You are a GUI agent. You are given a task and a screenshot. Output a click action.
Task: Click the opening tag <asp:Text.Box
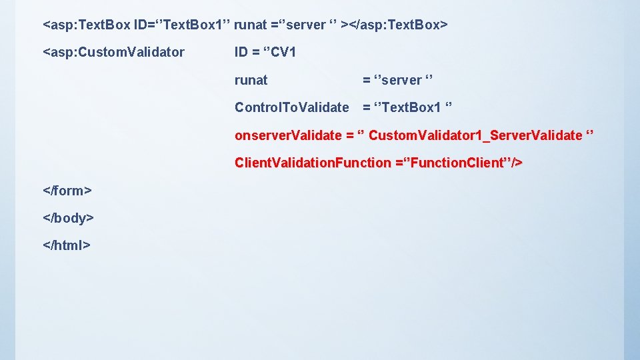click(86, 25)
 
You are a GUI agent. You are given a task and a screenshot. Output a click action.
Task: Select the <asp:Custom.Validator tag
click(113, 52)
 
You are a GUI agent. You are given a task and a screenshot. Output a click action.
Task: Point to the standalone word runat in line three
click(251, 80)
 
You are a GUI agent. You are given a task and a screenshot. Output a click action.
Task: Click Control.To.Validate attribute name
click(291, 107)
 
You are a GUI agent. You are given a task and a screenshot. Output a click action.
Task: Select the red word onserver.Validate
click(288, 135)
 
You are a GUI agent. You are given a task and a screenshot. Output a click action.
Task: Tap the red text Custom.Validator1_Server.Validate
click(475, 135)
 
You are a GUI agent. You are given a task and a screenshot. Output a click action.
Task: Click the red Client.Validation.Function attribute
click(313, 163)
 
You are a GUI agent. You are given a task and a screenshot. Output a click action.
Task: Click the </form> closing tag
click(67, 191)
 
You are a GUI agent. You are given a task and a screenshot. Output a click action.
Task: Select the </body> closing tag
click(68, 218)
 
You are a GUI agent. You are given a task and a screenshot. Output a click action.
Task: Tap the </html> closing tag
click(66, 245)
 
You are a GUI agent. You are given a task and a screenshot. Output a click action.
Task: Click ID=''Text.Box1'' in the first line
click(182, 25)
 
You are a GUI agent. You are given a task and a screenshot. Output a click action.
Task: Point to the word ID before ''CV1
click(241, 52)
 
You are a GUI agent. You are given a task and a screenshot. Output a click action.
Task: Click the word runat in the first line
click(251, 25)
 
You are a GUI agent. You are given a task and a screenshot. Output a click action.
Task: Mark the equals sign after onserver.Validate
click(349, 135)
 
